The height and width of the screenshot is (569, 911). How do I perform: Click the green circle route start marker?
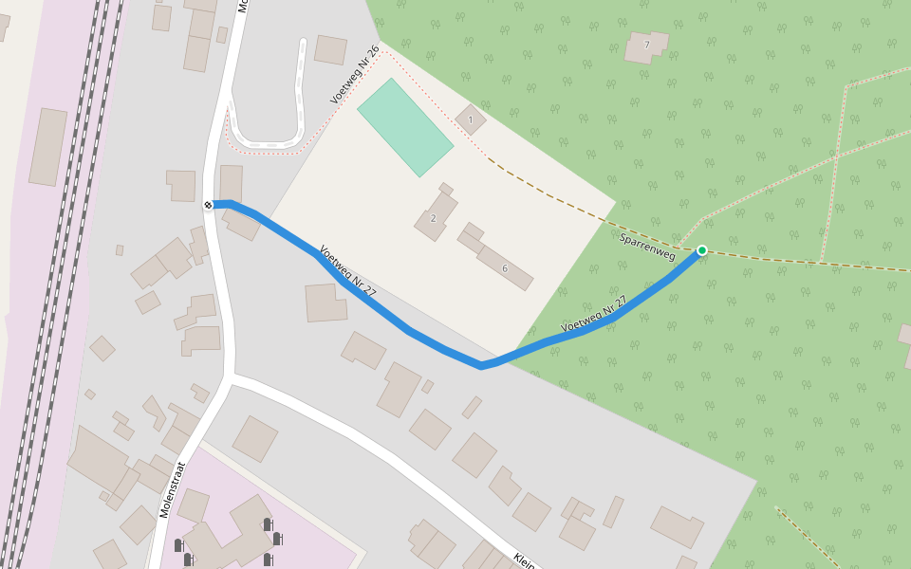click(702, 250)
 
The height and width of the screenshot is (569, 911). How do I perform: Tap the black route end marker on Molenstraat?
click(208, 205)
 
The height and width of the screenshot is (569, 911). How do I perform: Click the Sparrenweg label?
click(646, 248)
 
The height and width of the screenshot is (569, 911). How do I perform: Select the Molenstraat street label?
click(172, 489)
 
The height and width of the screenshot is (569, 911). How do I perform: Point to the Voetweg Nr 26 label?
click(355, 75)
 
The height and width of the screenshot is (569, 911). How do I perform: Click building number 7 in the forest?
click(646, 46)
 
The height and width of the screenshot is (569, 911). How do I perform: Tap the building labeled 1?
click(470, 119)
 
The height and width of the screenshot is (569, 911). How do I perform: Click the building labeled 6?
click(504, 268)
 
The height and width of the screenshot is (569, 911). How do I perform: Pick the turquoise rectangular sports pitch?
click(405, 126)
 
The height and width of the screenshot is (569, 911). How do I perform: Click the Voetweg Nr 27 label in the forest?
click(594, 315)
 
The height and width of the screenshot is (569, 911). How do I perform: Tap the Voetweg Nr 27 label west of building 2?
click(347, 271)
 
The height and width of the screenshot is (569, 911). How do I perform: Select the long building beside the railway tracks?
click(48, 147)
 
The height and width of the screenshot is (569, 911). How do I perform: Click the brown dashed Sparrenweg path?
click(560, 204)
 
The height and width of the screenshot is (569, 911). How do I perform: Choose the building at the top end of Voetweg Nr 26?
click(330, 49)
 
